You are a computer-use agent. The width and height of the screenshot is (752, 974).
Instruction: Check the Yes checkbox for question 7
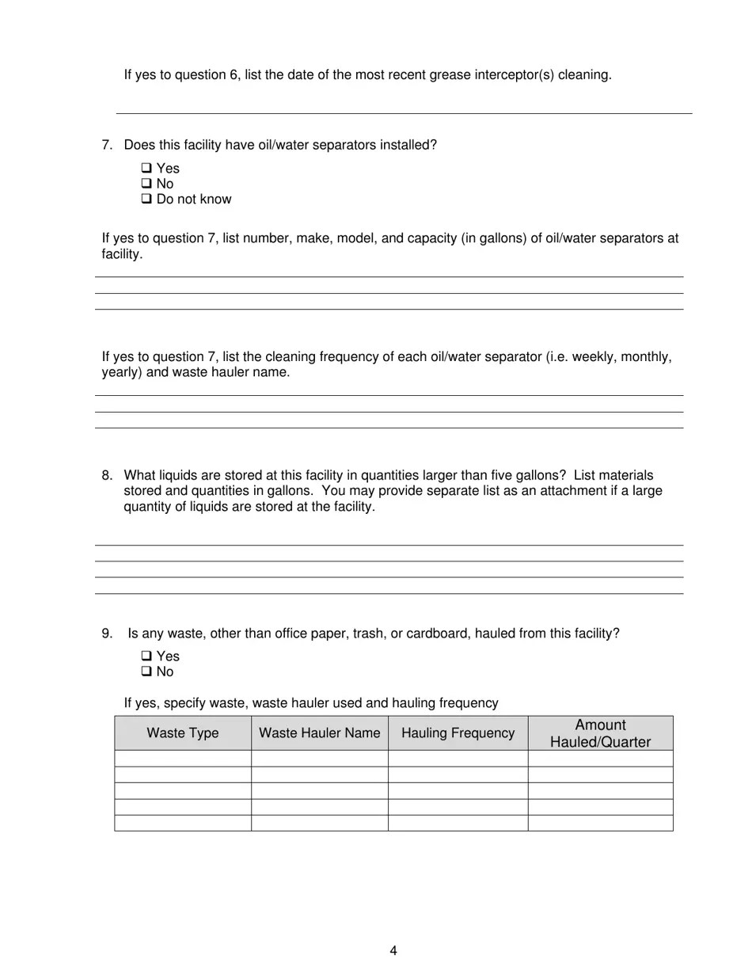[x=146, y=168]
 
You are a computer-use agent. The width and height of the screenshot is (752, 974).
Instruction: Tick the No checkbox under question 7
[x=146, y=184]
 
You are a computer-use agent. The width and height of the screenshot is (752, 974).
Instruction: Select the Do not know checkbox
[x=146, y=200]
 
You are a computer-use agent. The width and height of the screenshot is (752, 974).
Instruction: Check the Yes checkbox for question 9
[x=146, y=656]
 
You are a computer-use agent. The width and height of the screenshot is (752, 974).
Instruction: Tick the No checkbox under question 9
[x=146, y=672]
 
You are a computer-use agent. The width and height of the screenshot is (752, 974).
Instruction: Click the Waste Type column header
[x=183, y=733]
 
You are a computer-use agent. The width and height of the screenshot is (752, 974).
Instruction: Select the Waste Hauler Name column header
[x=319, y=733]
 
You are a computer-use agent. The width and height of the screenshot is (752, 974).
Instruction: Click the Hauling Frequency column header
[x=458, y=733]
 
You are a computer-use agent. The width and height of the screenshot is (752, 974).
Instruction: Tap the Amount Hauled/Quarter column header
[x=600, y=733]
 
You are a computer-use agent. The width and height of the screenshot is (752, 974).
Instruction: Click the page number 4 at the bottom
[x=393, y=951]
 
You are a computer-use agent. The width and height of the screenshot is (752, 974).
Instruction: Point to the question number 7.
[x=106, y=145]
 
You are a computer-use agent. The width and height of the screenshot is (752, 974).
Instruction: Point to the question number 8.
[x=106, y=475]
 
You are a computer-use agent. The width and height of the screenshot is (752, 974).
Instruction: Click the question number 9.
[x=106, y=633]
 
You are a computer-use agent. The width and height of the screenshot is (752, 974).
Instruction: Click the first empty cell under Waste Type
[x=183, y=759]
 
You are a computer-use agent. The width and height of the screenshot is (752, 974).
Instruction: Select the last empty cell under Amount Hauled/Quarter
[x=600, y=823]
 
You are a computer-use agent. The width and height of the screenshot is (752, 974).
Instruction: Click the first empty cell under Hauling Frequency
[x=458, y=759]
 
